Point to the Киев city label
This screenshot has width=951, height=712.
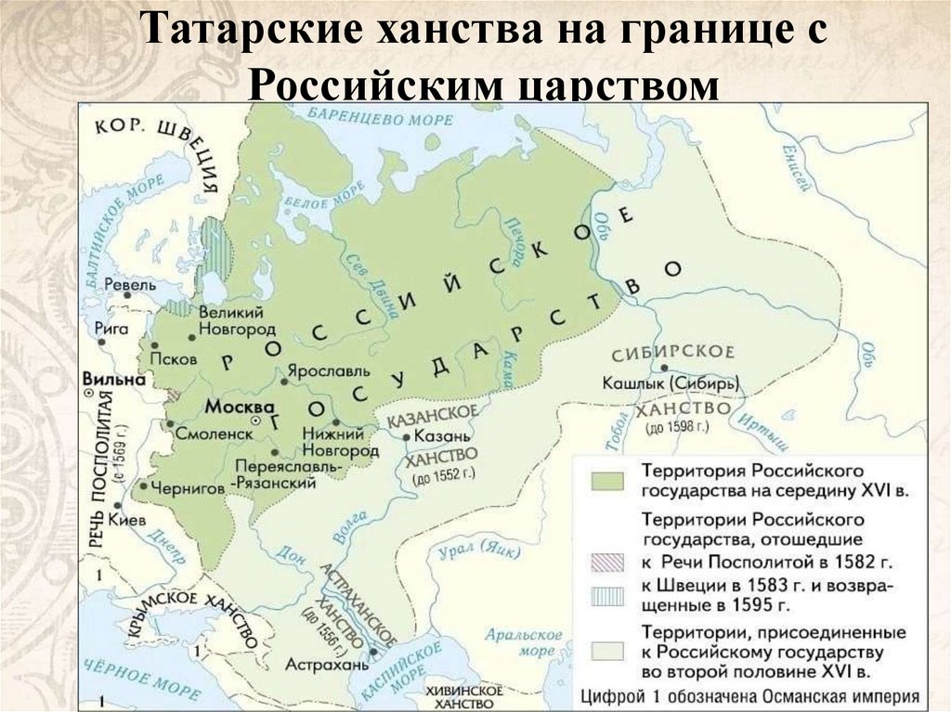click(x=127, y=520)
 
